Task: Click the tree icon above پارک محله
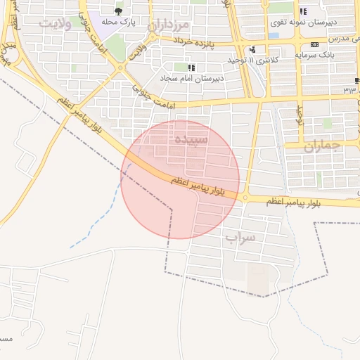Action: (x=118, y=11)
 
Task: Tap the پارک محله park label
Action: (x=119, y=22)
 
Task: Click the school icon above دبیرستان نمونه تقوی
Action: (x=303, y=11)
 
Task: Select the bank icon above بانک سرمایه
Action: (x=314, y=44)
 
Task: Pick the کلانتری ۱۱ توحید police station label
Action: (x=255, y=60)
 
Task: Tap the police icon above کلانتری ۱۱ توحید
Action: (x=252, y=49)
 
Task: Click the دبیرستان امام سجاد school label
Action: (x=192, y=77)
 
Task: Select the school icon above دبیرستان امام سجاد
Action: (x=191, y=67)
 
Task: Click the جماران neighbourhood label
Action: (x=322, y=146)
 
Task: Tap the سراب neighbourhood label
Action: (x=240, y=238)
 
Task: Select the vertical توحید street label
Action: (x=299, y=113)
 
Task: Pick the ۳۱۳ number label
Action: (x=349, y=89)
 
